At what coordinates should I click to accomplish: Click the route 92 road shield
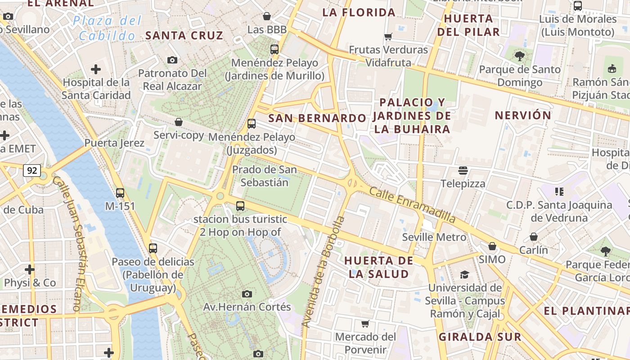click(x=31, y=171)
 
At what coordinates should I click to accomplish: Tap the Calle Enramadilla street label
click(x=412, y=205)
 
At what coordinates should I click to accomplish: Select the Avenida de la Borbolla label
click(x=323, y=272)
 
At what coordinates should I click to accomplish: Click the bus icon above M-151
click(x=120, y=193)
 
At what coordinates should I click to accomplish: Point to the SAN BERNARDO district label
click(x=317, y=118)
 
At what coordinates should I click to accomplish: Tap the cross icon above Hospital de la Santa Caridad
click(x=96, y=69)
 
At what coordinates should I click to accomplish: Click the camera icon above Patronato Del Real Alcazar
click(x=172, y=60)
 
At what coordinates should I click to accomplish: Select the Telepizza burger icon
click(x=463, y=171)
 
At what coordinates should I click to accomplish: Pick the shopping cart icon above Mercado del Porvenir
click(x=365, y=324)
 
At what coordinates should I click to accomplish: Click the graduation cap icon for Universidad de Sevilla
click(x=464, y=274)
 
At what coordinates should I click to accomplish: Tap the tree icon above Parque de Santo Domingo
click(x=520, y=56)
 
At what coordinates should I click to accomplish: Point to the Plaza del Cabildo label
click(x=108, y=28)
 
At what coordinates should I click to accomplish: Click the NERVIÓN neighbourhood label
click(x=523, y=115)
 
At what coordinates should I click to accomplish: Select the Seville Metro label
click(x=434, y=237)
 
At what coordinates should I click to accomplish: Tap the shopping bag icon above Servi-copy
click(x=179, y=122)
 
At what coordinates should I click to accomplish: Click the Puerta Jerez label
click(x=114, y=143)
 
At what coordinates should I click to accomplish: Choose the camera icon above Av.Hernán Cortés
click(x=247, y=294)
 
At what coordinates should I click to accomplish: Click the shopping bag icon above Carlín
click(x=534, y=237)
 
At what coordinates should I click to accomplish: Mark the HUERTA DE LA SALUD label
click(x=378, y=267)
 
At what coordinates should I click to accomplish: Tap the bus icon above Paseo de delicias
click(x=153, y=248)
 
